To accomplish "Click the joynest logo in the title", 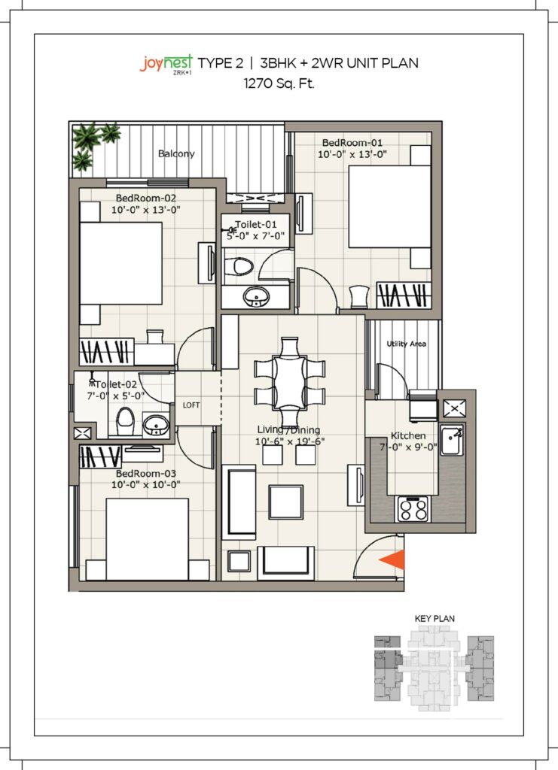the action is [166, 65].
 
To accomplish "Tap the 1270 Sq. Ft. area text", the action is [279, 83].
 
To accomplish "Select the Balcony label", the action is [176, 153].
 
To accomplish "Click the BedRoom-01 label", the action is [352, 142].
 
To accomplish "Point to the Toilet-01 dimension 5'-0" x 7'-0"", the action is [255, 235].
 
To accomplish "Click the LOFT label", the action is [191, 405].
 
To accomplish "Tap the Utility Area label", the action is [406, 344].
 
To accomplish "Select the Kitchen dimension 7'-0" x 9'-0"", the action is [408, 447].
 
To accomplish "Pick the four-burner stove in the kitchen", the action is [413, 510].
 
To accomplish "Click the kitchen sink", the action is [452, 440].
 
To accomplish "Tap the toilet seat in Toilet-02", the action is [125, 422].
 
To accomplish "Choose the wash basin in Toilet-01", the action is [255, 296].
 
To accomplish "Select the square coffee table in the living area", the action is [285, 502].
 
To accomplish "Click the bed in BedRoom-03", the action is [148, 539].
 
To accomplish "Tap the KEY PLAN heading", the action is [435, 618].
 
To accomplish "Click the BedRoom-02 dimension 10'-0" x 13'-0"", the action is [146, 210].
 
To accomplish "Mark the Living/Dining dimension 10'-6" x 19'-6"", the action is [290, 441].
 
